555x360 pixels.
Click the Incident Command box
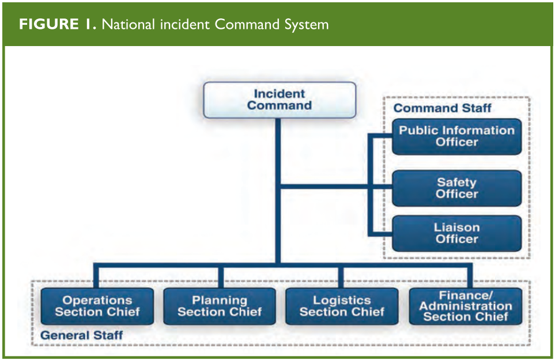pos(280,100)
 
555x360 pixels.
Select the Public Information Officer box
pos(456,137)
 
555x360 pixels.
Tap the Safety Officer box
pos(456,188)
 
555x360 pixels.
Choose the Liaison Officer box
pos(456,233)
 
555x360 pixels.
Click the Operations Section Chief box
pos(97,306)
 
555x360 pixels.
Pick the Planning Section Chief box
pos(220,306)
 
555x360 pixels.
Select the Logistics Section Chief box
pos(342,306)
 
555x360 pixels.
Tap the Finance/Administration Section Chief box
pos(466,306)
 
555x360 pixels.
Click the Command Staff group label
pos(443,108)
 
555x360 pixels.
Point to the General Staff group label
pos(82,335)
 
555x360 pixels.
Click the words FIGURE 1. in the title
pos(57,24)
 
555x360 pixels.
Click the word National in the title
pos(129,24)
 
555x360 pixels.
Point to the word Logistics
pos(342,300)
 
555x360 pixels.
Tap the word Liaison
pos(456,228)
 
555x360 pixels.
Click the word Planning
pos(220,301)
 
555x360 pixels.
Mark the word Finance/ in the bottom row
pos(466,295)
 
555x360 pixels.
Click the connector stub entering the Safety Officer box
pos(380,187)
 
